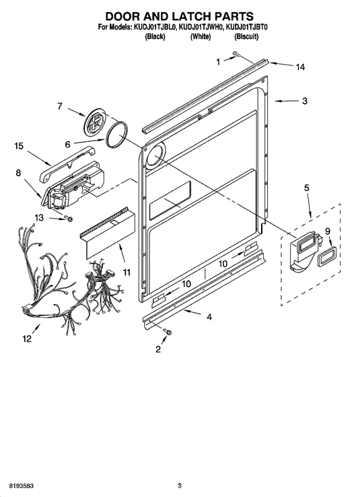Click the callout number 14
[x=300, y=67]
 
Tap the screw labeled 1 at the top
[x=236, y=54]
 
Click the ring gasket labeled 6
[x=117, y=135]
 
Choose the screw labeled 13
[x=68, y=219]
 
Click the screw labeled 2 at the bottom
[x=168, y=332]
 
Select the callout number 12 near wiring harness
[x=27, y=339]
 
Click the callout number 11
[x=127, y=272]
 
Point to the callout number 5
[x=306, y=188]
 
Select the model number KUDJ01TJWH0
[x=201, y=28]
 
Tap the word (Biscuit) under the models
[x=246, y=37]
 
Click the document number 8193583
[x=22, y=486]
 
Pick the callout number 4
[x=209, y=317]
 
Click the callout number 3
[x=305, y=101]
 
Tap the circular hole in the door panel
[x=155, y=155]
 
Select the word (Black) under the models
[x=155, y=37]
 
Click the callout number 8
[x=18, y=173]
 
